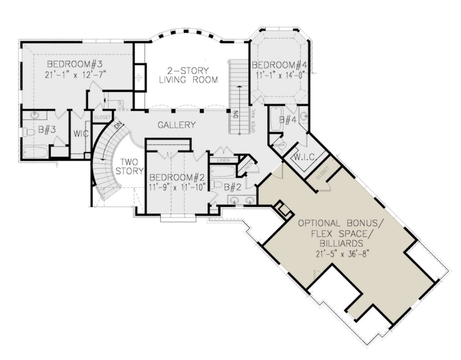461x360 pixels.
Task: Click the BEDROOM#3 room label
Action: pyautogui.click(x=74, y=63)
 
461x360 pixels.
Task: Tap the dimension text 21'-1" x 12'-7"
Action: pyautogui.click(x=74, y=74)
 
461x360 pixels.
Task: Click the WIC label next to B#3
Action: pyautogui.click(x=81, y=134)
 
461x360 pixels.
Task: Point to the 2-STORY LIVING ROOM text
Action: pyautogui.click(x=188, y=75)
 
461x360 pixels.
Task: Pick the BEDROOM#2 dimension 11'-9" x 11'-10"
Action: pyautogui.click(x=178, y=187)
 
